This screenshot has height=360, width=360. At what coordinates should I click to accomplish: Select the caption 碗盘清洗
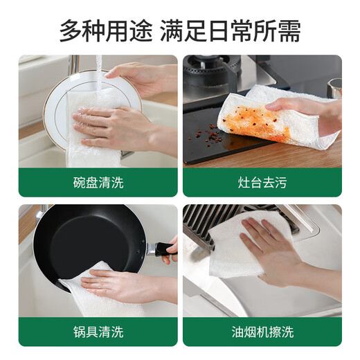[98, 183]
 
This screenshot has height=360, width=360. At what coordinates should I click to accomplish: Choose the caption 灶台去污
[262, 183]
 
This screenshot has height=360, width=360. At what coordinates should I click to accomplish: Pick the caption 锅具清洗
[98, 332]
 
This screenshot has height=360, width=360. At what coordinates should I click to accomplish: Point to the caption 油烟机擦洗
[262, 332]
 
